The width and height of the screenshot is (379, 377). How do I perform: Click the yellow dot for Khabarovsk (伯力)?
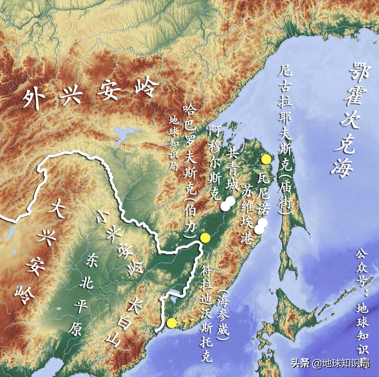click(205, 237)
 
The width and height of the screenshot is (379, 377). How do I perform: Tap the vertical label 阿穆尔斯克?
click(215, 162)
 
